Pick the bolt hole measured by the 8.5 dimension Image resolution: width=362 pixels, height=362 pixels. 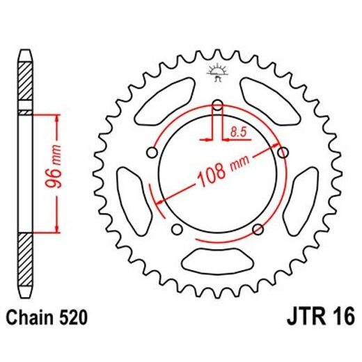click(217, 106)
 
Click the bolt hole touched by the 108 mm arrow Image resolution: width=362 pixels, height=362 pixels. click(282, 152)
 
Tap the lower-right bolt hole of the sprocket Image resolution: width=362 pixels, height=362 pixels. click(258, 229)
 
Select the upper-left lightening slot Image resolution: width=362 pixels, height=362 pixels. click(166, 97)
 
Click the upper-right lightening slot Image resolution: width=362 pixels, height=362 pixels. click(267, 97)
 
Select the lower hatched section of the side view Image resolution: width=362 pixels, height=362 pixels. click(25, 254)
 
